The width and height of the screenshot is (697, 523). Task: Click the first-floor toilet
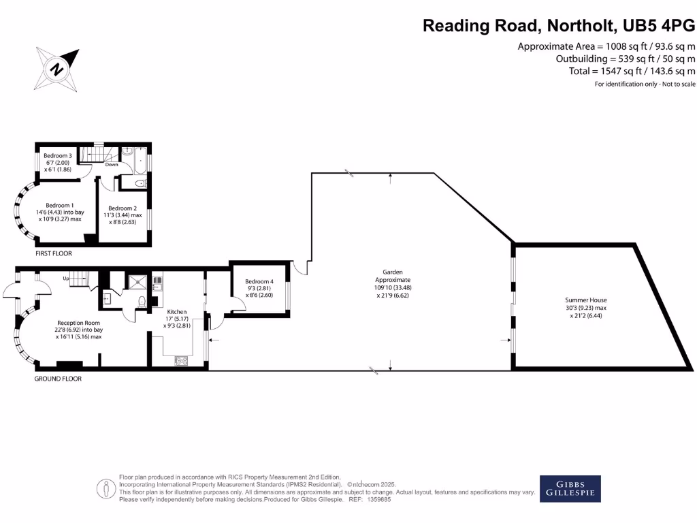point(140,183)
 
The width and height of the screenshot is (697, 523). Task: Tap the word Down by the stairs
point(112,165)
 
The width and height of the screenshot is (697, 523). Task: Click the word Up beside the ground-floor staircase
point(66,279)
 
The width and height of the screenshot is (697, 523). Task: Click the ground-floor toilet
point(141,301)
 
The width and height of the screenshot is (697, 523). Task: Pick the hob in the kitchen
point(182,361)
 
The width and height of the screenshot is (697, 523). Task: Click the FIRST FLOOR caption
point(54,253)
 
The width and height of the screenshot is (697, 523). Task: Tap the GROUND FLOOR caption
point(58,379)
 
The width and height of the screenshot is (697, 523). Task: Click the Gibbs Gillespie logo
point(570,488)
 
